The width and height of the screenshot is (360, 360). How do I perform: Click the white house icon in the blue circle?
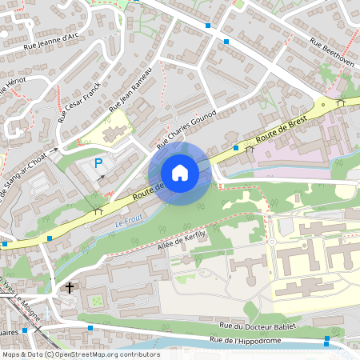tap(180, 173)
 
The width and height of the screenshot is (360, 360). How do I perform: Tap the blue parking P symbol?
tap(98, 163)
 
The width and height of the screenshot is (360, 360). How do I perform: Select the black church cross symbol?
tap(70, 287)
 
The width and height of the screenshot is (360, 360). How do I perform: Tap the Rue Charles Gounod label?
tap(186, 129)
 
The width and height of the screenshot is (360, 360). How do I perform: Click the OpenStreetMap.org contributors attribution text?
tap(104, 354)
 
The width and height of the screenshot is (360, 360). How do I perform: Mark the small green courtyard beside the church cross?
tap(96, 301)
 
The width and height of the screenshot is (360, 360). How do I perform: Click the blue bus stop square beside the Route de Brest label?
tap(236, 147)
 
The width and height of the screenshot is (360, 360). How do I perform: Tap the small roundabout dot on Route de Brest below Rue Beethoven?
tap(322, 104)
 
